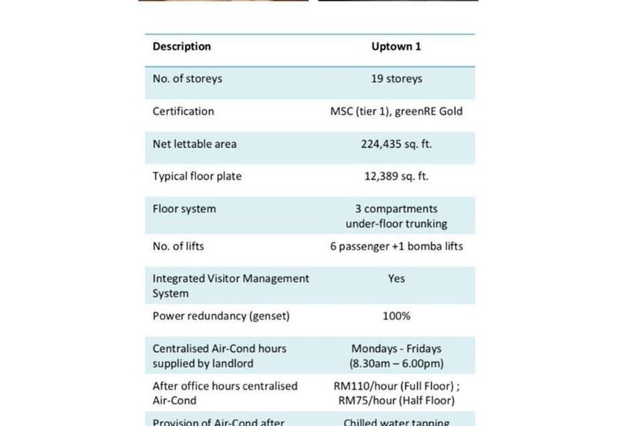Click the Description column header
click(181, 46)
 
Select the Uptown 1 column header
click(396, 46)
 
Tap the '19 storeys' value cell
click(396, 79)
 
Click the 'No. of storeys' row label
click(187, 79)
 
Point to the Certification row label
click(184, 111)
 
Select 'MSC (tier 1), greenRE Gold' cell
click(396, 111)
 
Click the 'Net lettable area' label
click(194, 144)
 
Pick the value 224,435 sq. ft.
click(396, 144)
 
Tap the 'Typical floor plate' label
click(197, 176)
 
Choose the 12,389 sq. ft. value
click(396, 176)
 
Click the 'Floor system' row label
click(184, 208)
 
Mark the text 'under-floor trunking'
click(396, 224)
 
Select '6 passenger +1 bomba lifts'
click(396, 247)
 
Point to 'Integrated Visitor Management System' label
click(231, 286)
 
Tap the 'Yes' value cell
click(396, 278)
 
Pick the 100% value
click(396, 316)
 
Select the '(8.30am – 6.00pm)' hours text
click(396, 363)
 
